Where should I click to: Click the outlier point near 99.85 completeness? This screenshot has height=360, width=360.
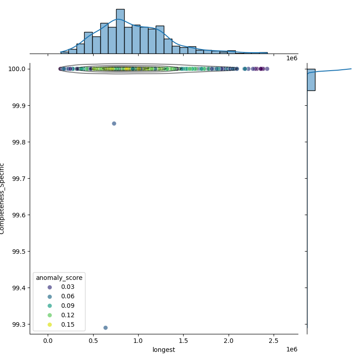pos(114,123)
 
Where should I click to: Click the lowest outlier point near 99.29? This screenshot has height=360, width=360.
pos(105,328)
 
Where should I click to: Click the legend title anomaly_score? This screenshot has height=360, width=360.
pos(59,278)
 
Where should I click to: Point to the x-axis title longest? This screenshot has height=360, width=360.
pos(164,350)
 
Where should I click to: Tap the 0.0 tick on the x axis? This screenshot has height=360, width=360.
pos(48,341)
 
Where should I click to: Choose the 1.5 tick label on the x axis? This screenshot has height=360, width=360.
pos(184,341)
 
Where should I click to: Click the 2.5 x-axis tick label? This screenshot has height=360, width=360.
pos(274,341)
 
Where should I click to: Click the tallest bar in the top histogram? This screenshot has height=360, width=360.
pos(120,31)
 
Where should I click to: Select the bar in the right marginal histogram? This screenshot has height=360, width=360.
pos(311,80)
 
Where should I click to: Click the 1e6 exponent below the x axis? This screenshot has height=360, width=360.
pos(292,350)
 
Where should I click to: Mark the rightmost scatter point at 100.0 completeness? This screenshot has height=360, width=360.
pos(267,69)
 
